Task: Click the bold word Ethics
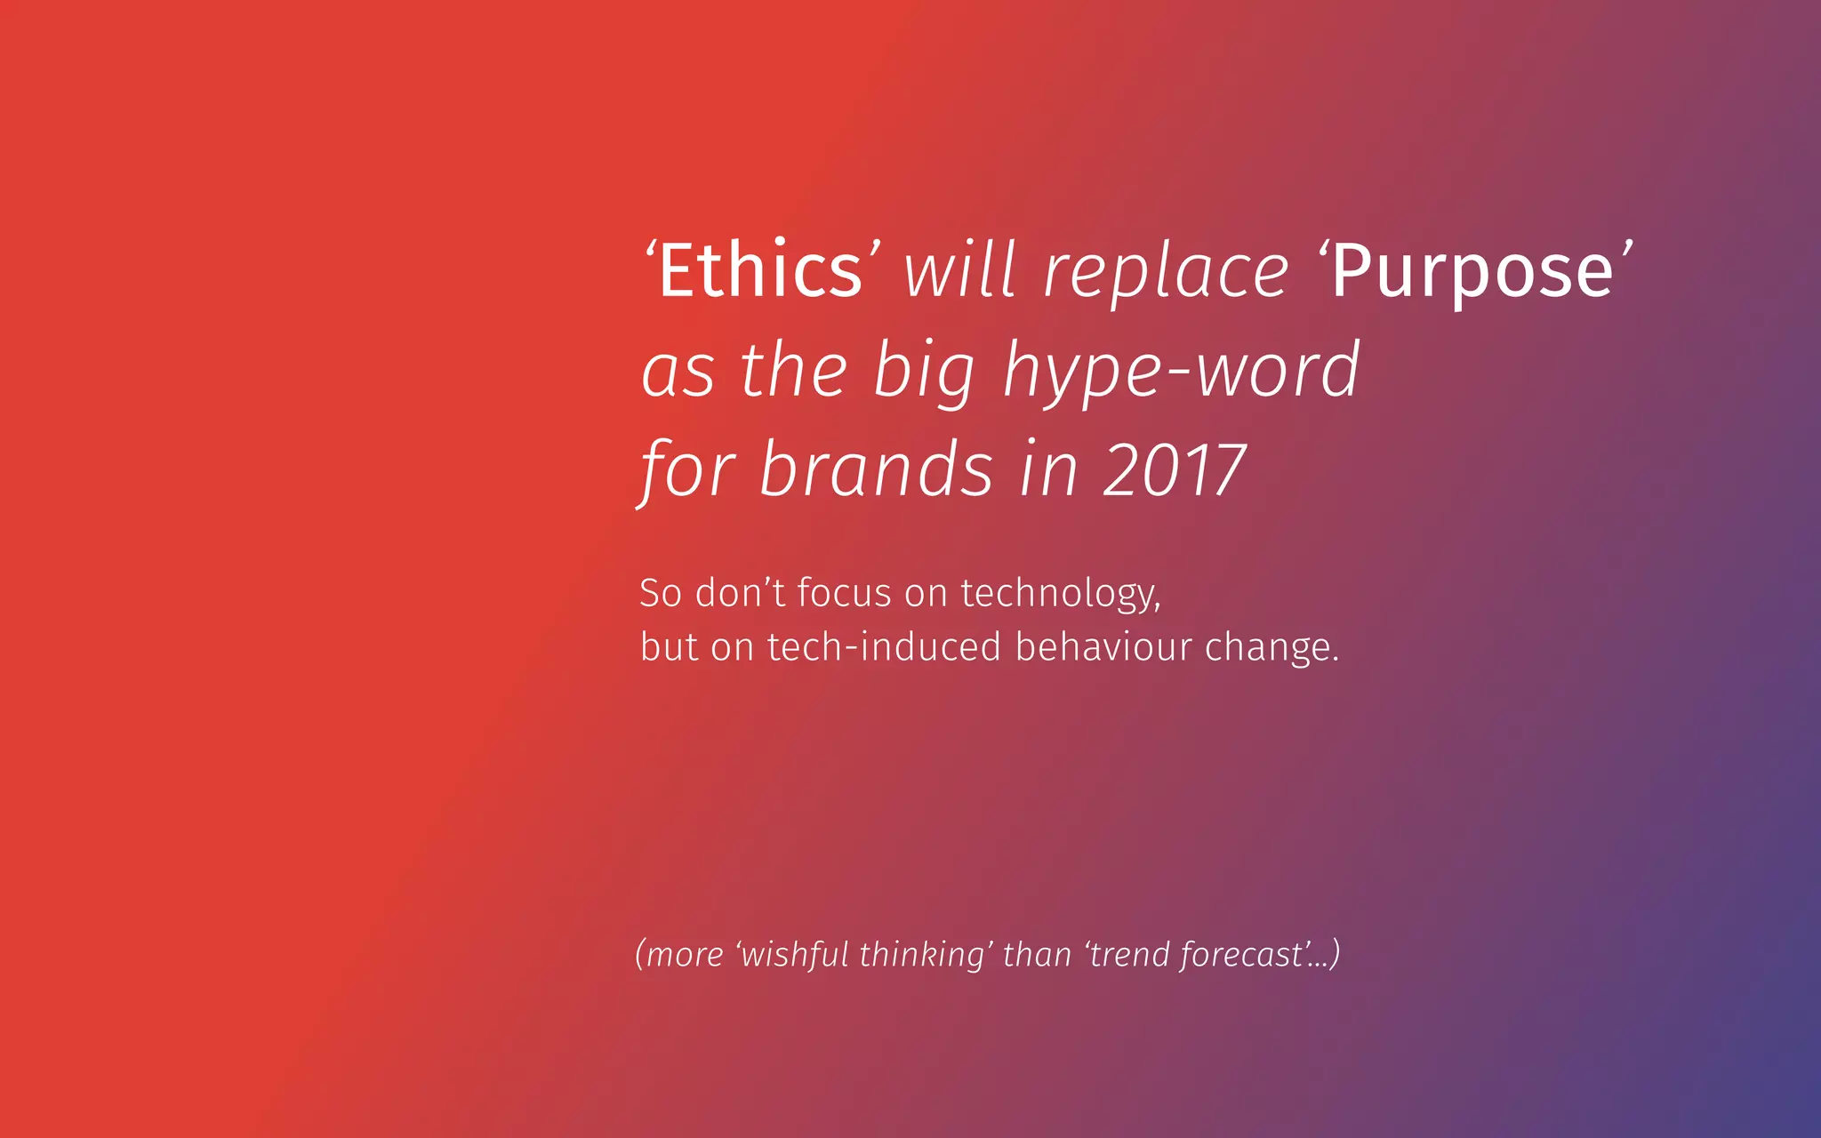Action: (x=760, y=270)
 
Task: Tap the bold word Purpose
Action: (x=1472, y=272)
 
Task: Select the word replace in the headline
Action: (x=1166, y=272)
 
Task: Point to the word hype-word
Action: (x=1182, y=372)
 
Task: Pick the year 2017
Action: (x=1174, y=470)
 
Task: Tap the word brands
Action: (x=875, y=470)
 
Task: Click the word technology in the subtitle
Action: (x=1059, y=594)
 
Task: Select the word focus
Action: (x=843, y=593)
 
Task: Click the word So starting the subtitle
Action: (x=661, y=593)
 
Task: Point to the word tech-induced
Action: (x=884, y=647)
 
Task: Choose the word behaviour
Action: (x=1103, y=647)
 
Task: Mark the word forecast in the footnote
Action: (x=1241, y=955)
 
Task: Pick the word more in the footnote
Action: (x=685, y=956)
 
